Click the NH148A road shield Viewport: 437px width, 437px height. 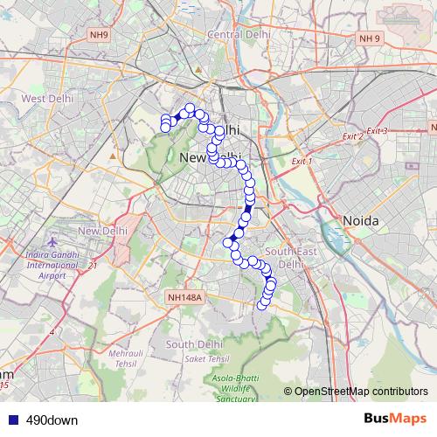(184, 297)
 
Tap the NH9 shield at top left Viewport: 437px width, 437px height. (99, 34)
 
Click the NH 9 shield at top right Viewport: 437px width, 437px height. (371, 39)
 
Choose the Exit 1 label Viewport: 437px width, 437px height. (302, 162)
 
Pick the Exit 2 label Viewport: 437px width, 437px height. (353, 137)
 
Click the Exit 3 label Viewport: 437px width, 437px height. (377, 131)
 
